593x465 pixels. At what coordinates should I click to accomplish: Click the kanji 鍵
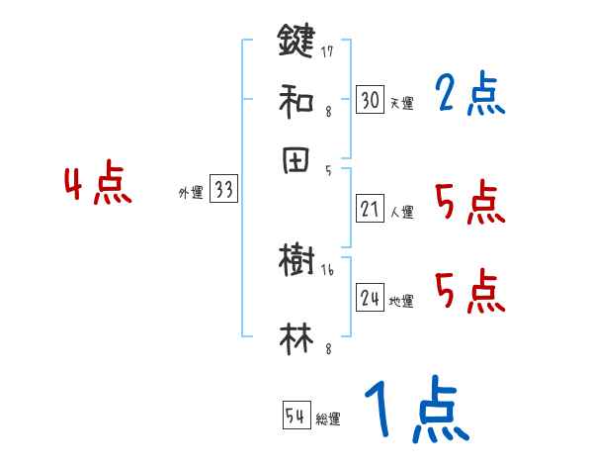coord(296,42)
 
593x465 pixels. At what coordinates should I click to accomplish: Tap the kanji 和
coord(296,99)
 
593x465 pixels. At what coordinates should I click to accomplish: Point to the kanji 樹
coord(296,261)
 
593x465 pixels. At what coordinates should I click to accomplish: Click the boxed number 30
coord(370,99)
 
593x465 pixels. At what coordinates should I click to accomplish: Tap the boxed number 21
coord(370,209)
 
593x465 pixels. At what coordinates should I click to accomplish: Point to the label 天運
coord(401,102)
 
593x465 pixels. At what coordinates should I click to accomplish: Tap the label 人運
coord(401,212)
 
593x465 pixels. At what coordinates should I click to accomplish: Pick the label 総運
coord(328,418)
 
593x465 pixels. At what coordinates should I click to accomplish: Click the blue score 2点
coord(469,95)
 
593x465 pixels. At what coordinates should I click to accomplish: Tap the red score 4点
coord(98,186)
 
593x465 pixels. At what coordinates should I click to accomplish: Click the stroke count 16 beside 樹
coord(327,270)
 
